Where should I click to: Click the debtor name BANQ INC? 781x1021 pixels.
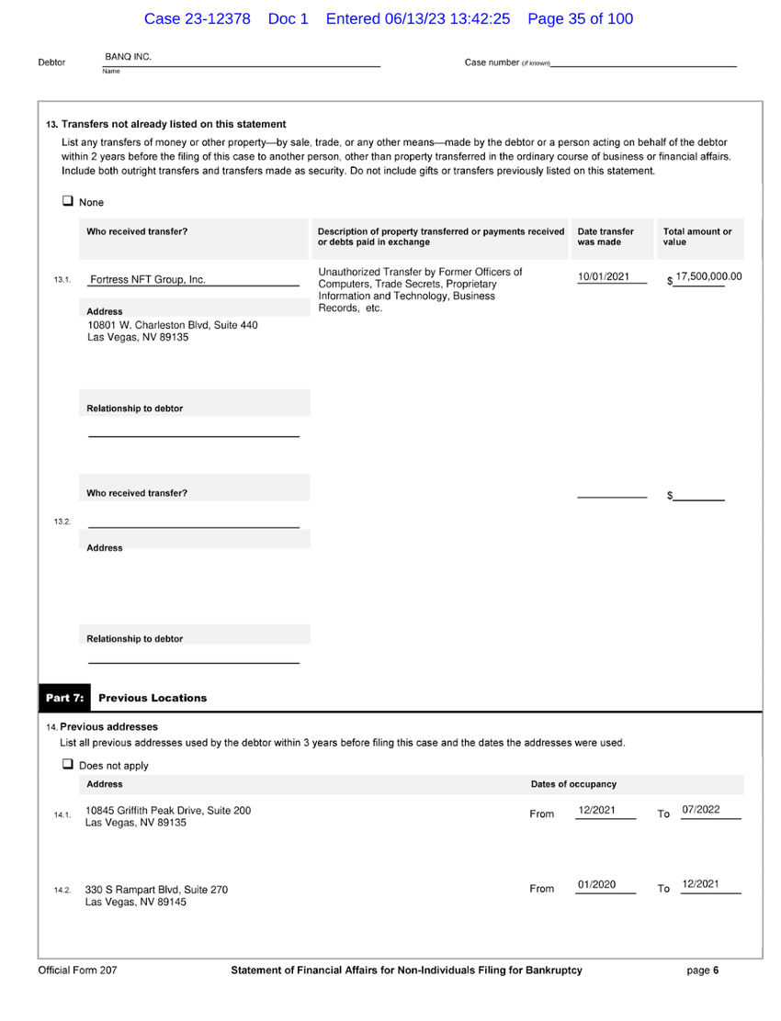pyautogui.click(x=128, y=57)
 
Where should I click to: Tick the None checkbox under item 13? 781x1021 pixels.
pyautogui.click(x=67, y=201)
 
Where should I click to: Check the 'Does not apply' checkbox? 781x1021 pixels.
pyautogui.click(x=67, y=764)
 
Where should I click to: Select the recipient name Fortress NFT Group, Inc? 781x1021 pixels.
pyautogui.click(x=146, y=280)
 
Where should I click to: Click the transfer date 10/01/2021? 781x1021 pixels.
pyautogui.click(x=604, y=276)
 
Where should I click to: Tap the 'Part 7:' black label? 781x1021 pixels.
pyautogui.click(x=64, y=698)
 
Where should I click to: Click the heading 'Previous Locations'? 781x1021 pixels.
pyautogui.click(x=153, y=698)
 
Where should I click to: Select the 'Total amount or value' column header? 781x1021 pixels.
pyautogui.click(x=697, y=238)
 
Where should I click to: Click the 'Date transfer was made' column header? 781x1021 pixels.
pyautogui.click(x=606, y=238)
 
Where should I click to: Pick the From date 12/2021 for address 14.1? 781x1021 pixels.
pyautogui.click(x=596, y=810)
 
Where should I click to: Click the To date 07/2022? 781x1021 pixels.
pyautogui.click(x=701, y=810)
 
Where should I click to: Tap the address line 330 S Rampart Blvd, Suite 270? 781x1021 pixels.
pyautogui.click(x=156, y=890)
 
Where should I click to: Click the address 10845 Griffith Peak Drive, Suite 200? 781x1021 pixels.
pyautogui.click(x=168, y=811)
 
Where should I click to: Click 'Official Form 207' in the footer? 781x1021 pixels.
pyautogui.click(x=77, y=971)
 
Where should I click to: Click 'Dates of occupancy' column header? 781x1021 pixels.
pyautogui.click(x=573, y=784)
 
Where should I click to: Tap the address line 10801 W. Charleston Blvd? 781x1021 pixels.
pyautogui.click(x=172, y=325)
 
